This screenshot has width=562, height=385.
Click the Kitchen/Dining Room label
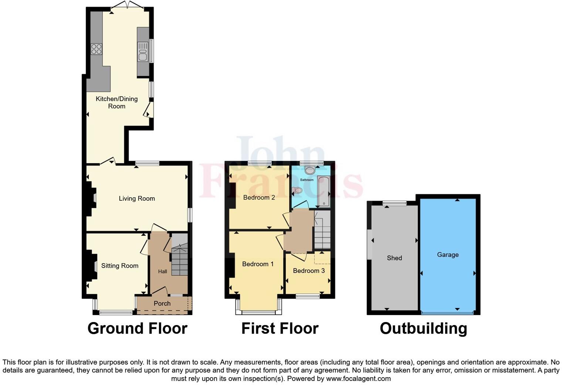tap(116, 103)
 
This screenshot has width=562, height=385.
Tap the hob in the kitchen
tap(97, 49)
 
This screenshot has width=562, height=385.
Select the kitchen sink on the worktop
tap(142, 52)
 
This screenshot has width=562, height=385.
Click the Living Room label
tap(136, 199)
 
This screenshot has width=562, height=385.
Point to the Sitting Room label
tap(119, 266)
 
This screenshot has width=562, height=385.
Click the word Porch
tap(162, 304)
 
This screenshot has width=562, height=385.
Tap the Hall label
tap(162, 271)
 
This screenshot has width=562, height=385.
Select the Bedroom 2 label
tap(259, 198)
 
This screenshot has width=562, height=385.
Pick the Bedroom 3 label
tap(309, 271)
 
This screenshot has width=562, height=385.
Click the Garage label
tap(448, 255)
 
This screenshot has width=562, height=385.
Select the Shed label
tap(394, 258)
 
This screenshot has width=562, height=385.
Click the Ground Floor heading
tap(137, 329)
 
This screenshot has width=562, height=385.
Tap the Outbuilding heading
tap(423, 329)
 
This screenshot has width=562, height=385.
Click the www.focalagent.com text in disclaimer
tap(358, 379)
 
